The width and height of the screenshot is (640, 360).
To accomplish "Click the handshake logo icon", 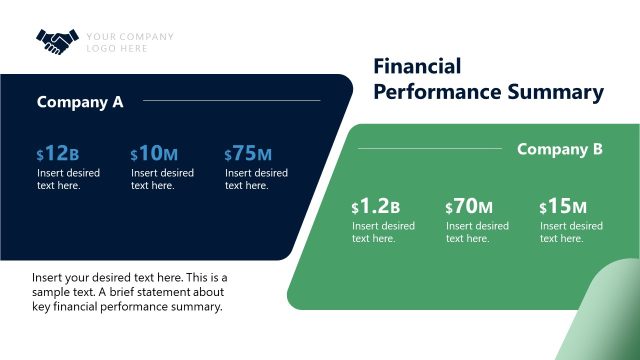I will coord(56,41).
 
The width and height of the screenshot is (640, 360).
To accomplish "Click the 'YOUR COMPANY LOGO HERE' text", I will coord(130,42).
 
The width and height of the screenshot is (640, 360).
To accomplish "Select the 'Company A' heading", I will coord(80,101).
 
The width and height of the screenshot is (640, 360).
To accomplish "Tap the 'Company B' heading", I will coord(559,149).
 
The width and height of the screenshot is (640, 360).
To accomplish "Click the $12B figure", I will coord(57,153).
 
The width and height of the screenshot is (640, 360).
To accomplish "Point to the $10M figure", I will coord(154,153).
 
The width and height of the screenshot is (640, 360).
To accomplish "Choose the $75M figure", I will coord(248,153).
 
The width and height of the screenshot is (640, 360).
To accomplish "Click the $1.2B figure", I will coord(376,207).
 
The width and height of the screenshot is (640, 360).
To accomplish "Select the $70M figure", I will coord(469,207).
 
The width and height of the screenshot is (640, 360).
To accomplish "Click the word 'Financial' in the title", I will coord(417,67).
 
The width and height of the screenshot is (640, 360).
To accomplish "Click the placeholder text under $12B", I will coord(68,179).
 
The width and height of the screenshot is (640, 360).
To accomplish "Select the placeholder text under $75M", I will coord(256,179).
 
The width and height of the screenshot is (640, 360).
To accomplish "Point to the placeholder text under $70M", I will coord(477,232).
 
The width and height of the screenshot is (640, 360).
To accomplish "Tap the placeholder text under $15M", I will coord(571,232).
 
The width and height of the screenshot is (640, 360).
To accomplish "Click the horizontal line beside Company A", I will coord(231,100).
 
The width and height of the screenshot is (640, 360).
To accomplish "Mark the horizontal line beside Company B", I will coord(430,149).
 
